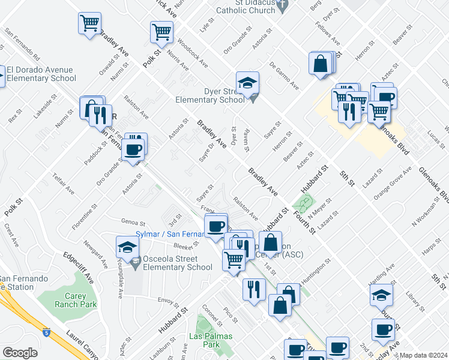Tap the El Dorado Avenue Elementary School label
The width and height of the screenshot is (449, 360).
tap(42, 74)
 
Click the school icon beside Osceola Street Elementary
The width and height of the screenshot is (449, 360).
tap(127, 246)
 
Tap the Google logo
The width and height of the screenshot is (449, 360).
tap(20, 353)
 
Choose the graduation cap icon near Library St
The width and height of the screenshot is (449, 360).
tap(382, 295)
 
